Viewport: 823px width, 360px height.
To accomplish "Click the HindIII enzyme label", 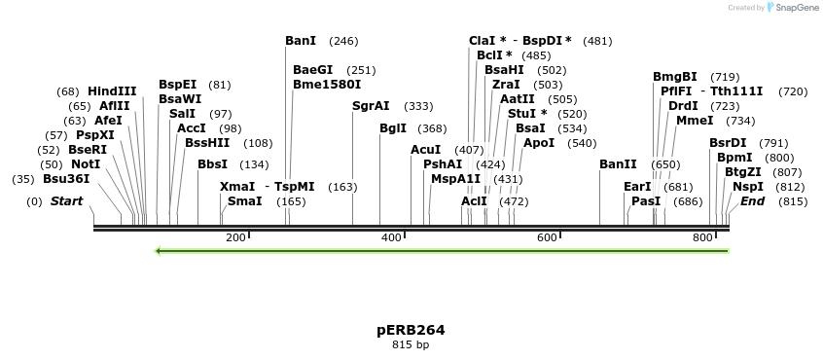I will click(x=112, y=91).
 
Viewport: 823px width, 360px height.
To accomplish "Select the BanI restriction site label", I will click(x=301, y=41).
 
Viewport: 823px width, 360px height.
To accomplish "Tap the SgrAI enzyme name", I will click(x=371, y=106).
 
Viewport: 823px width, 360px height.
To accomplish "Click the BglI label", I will click(x=393, y=128).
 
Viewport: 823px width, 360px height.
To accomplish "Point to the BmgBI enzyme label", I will click(x=675, y=77).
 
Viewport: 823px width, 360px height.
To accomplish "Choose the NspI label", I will click(x=748, y=186).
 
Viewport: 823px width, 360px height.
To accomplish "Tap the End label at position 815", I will click(x=753, y=201).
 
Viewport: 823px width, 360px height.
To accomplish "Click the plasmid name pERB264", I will click(x=411, y=330).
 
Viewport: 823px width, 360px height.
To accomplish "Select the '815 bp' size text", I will click(x=411, y=344).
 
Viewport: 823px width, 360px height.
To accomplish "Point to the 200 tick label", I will click(x=234, y=238).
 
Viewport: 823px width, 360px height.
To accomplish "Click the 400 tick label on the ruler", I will click(x=391, y=238).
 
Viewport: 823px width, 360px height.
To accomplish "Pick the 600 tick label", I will click(x=547, y=238).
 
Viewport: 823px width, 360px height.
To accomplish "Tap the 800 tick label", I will click(x=702, y=238).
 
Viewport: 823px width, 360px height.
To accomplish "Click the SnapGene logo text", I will click(x=795, y=8).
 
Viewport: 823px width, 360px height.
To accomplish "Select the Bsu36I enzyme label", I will click(x=66, y=179).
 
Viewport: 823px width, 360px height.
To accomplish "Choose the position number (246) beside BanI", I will click(x=343, y=41).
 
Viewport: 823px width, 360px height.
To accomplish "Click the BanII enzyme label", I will click(x=618, y=164).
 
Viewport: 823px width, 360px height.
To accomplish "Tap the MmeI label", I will click(x=695, y=121).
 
